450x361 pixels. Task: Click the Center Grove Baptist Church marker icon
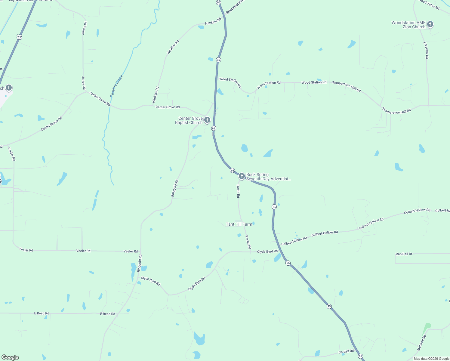click(207, 120)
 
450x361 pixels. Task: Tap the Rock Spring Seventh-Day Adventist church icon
click(242, 176)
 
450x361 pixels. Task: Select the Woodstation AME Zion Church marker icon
click(430, 24)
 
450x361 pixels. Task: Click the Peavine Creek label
click(116, 86)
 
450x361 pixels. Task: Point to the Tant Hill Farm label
click(239, 224)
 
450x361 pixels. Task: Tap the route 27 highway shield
click(20, 37)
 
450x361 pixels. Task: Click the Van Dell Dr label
click(404, 254)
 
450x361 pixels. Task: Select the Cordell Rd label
click(346, 351)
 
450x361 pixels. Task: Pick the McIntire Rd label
click(422, 343)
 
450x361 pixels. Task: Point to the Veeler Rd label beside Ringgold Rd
click(131, 251)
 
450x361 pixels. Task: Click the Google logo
click(10, 357)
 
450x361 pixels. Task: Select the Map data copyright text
click(431, 359)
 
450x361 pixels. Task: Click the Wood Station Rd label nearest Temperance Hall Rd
click(314, 82)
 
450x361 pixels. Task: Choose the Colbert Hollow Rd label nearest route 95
click(294, 241)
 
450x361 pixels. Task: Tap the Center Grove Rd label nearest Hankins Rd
click(168, 107)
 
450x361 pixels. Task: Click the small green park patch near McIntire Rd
click(427, 326)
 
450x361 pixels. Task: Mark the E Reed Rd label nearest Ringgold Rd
click(107, 314)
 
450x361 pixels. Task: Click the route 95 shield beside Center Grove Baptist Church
click(214, 128)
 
